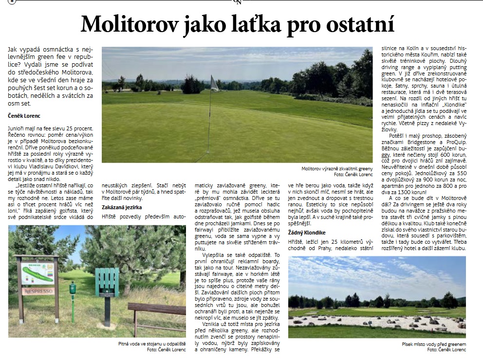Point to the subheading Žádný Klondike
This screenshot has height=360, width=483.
pos(307,233)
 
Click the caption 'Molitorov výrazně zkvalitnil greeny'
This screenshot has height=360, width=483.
pos(336,168)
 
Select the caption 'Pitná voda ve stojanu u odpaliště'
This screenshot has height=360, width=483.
pos(145,343)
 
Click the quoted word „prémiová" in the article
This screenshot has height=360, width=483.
pos(208,199)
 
